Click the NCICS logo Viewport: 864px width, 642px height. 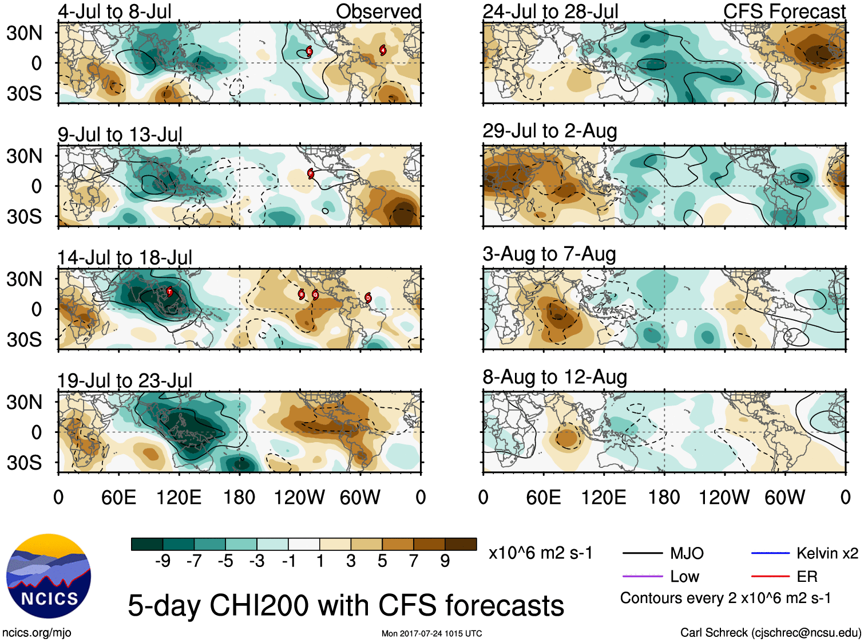pyautogui.click(x=48, y=576)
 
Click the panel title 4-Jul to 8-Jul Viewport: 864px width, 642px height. pyautogui.click(x=114, y=11)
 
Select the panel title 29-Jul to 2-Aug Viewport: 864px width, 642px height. pyautogui.click(x=549, y=131)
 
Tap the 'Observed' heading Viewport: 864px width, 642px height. pyautogui.click(x=378, y=11)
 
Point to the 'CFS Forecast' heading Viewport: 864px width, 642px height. pyautogui.click(x=784, y=11)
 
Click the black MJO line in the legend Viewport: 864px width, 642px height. pyautogui.click(x=642, y=553)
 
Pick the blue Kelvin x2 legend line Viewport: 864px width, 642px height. pyautogui.click(x=770, y=553)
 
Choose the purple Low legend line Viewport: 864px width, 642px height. pyautogui.click(x=642, y=576)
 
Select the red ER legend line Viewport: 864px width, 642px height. pyautogui.click(x=770, y=576)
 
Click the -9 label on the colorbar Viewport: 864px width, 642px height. pyautogui.click(x=163, y=561)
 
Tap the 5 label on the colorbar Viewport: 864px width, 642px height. pyautogui.click(x=382, y=561)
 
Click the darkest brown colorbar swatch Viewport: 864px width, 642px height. pyautogui.click(x=461, y=544)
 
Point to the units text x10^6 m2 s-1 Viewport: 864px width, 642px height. pyautogui.click(x=540, y=553)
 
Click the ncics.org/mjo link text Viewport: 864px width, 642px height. pyautogui.click(x=37, y=633)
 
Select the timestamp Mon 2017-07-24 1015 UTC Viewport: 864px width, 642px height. pyautogui.click(x=431, y=633)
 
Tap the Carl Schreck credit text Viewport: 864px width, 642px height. pyautogui.click(x=770, y=633)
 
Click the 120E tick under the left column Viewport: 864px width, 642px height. pyautogui.click(x=179, y=497)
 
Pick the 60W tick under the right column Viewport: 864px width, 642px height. pyautogui.click(x=784, y=497)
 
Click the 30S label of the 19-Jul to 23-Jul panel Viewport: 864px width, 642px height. pyautogui.click(x=24, y=463)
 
